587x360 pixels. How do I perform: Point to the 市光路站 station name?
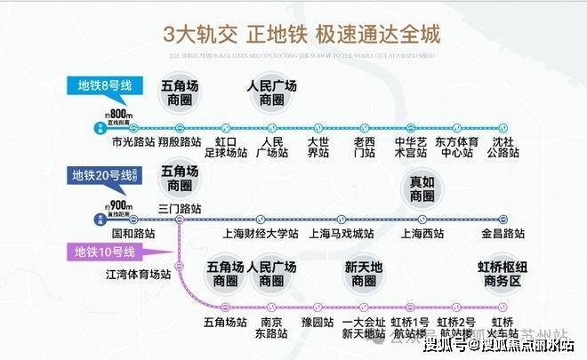coord(130,141)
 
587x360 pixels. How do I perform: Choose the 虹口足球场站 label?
coord(226,147)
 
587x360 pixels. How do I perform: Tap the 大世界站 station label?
coord(318,147)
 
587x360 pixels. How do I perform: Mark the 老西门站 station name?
coord(365,147)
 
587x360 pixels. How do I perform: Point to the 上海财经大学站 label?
coord(259,235)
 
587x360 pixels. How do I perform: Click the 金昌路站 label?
coord(502,235)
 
